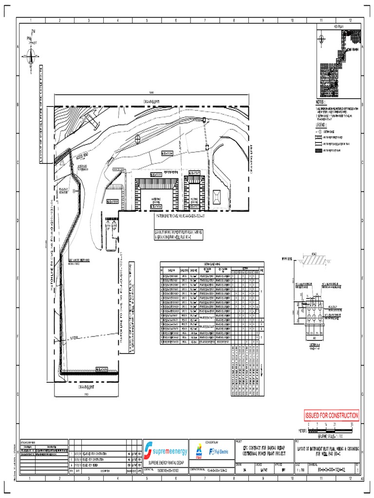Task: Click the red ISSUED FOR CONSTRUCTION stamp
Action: coord(332,416)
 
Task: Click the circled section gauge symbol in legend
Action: coord(320,131)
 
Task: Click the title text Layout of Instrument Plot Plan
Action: coord(327,451)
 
